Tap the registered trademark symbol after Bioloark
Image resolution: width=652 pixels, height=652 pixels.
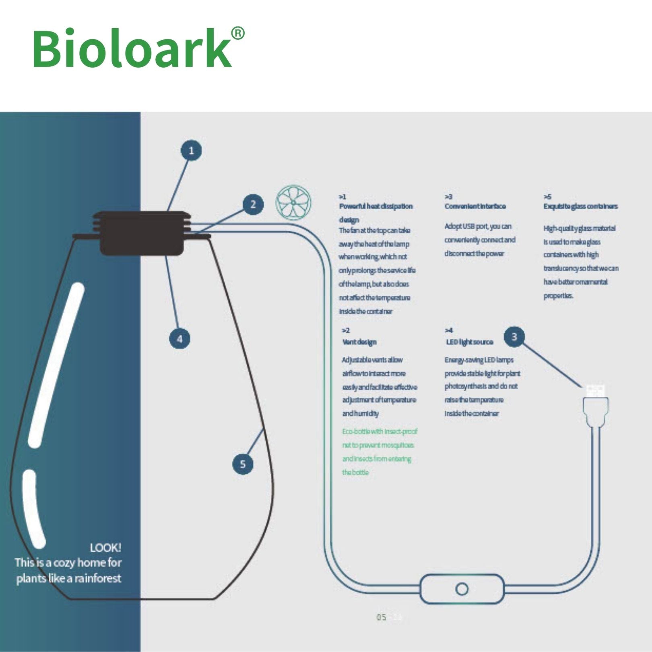pyautogui.click(x=238, y=33)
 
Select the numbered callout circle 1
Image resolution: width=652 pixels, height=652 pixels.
pyautogui.click(x=191, y=151)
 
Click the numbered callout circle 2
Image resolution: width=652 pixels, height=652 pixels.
pyautogui.click(x=253, y=204)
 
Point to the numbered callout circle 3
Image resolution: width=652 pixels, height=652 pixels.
pyautogui.click(x=514, y=336)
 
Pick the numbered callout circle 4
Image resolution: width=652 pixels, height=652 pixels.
pyautogui.click(x=180, y=338)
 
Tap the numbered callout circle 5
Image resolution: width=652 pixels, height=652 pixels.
pyautogui.click(x=243, y=464)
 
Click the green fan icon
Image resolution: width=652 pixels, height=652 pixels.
pyautogui.click(x=293, y=202)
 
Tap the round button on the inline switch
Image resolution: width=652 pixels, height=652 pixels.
pyautogui.click(x=462, y=589)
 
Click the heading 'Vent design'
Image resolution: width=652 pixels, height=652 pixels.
pyautogui.click(x=359, y=342)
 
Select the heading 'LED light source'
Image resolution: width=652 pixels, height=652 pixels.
pyautogui.click(x=469, y=342)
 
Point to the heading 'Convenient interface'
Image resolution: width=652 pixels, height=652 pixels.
pyautogui.click(x=475, y=206)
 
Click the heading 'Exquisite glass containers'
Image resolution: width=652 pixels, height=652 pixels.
pyautogui.click(x=580, y=206)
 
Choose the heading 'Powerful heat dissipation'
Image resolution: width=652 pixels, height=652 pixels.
pyautogui.click(x=376, y=206)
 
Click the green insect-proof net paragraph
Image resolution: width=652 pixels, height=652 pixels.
pyautogui.click(x=378, y=452)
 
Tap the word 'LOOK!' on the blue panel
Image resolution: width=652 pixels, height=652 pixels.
pyautogui.click(x=105, y=548)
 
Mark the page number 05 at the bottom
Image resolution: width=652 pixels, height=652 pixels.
pyautogui.click(x=381, y=617)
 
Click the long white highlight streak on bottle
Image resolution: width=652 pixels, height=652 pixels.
pyautogui.click(x=56, y=364)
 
